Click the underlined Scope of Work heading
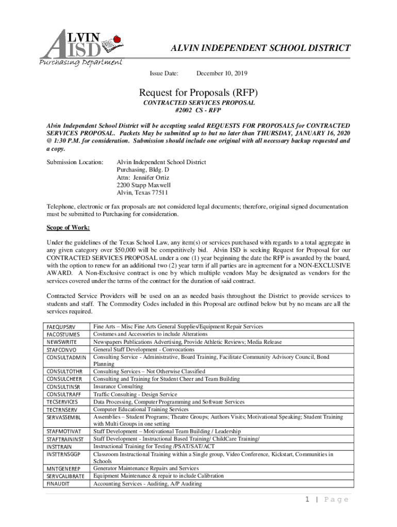pyautogui.click(x=68, y=227)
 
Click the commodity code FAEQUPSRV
pyautogui.click(x=61, y=327)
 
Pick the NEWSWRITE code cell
pyautogui.click(x=61, y=342)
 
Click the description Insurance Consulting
pyautogui.click(x=118, y=387)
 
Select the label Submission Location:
pyautogui.click(x=74, y=162)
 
